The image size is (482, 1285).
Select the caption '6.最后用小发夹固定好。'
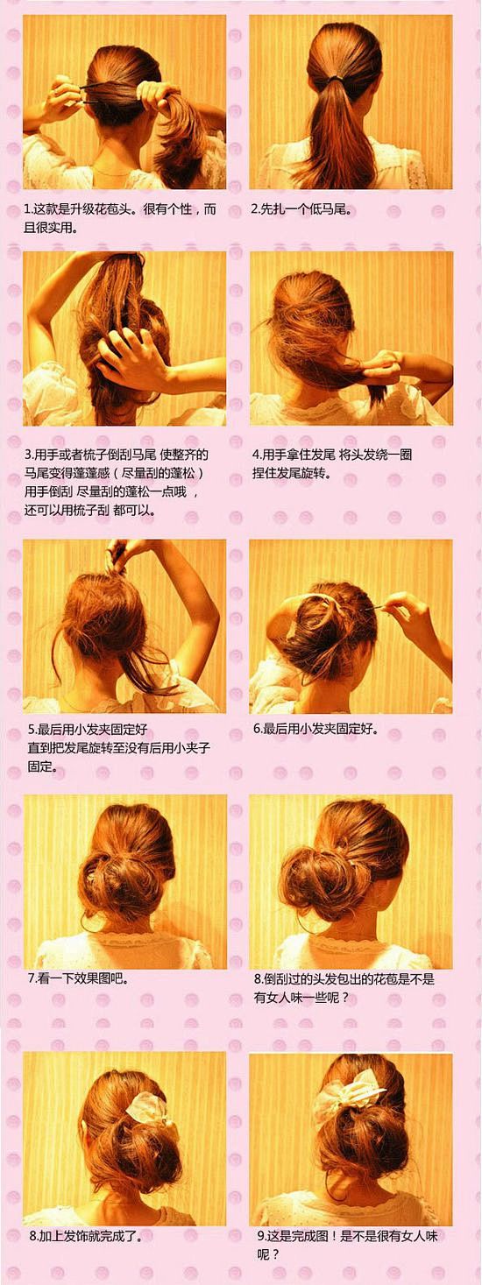pyautogui.click(x=316, y=729)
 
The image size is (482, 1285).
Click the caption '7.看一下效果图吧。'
pyautogui.click(x=77, y=978)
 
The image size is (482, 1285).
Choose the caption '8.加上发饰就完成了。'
pyautogui.click(x=85, y=1236)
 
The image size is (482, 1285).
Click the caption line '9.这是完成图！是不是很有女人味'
pyautogui.click(x=348, y=1236)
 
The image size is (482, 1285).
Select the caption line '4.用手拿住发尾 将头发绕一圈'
pyautogui.click(x=332, y=455)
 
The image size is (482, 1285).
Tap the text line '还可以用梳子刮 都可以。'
pyautogui.click(x=89, y=510)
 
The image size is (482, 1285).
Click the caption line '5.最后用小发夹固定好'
pyautogui.click(x=88, y=729)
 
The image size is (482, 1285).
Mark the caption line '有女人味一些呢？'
pyautogui.click(x=301, y=998)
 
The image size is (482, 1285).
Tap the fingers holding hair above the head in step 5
pyautogui.click(x=122, y=554)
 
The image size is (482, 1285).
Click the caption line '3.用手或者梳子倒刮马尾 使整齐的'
pyautogui.click(x=117, y=455)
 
